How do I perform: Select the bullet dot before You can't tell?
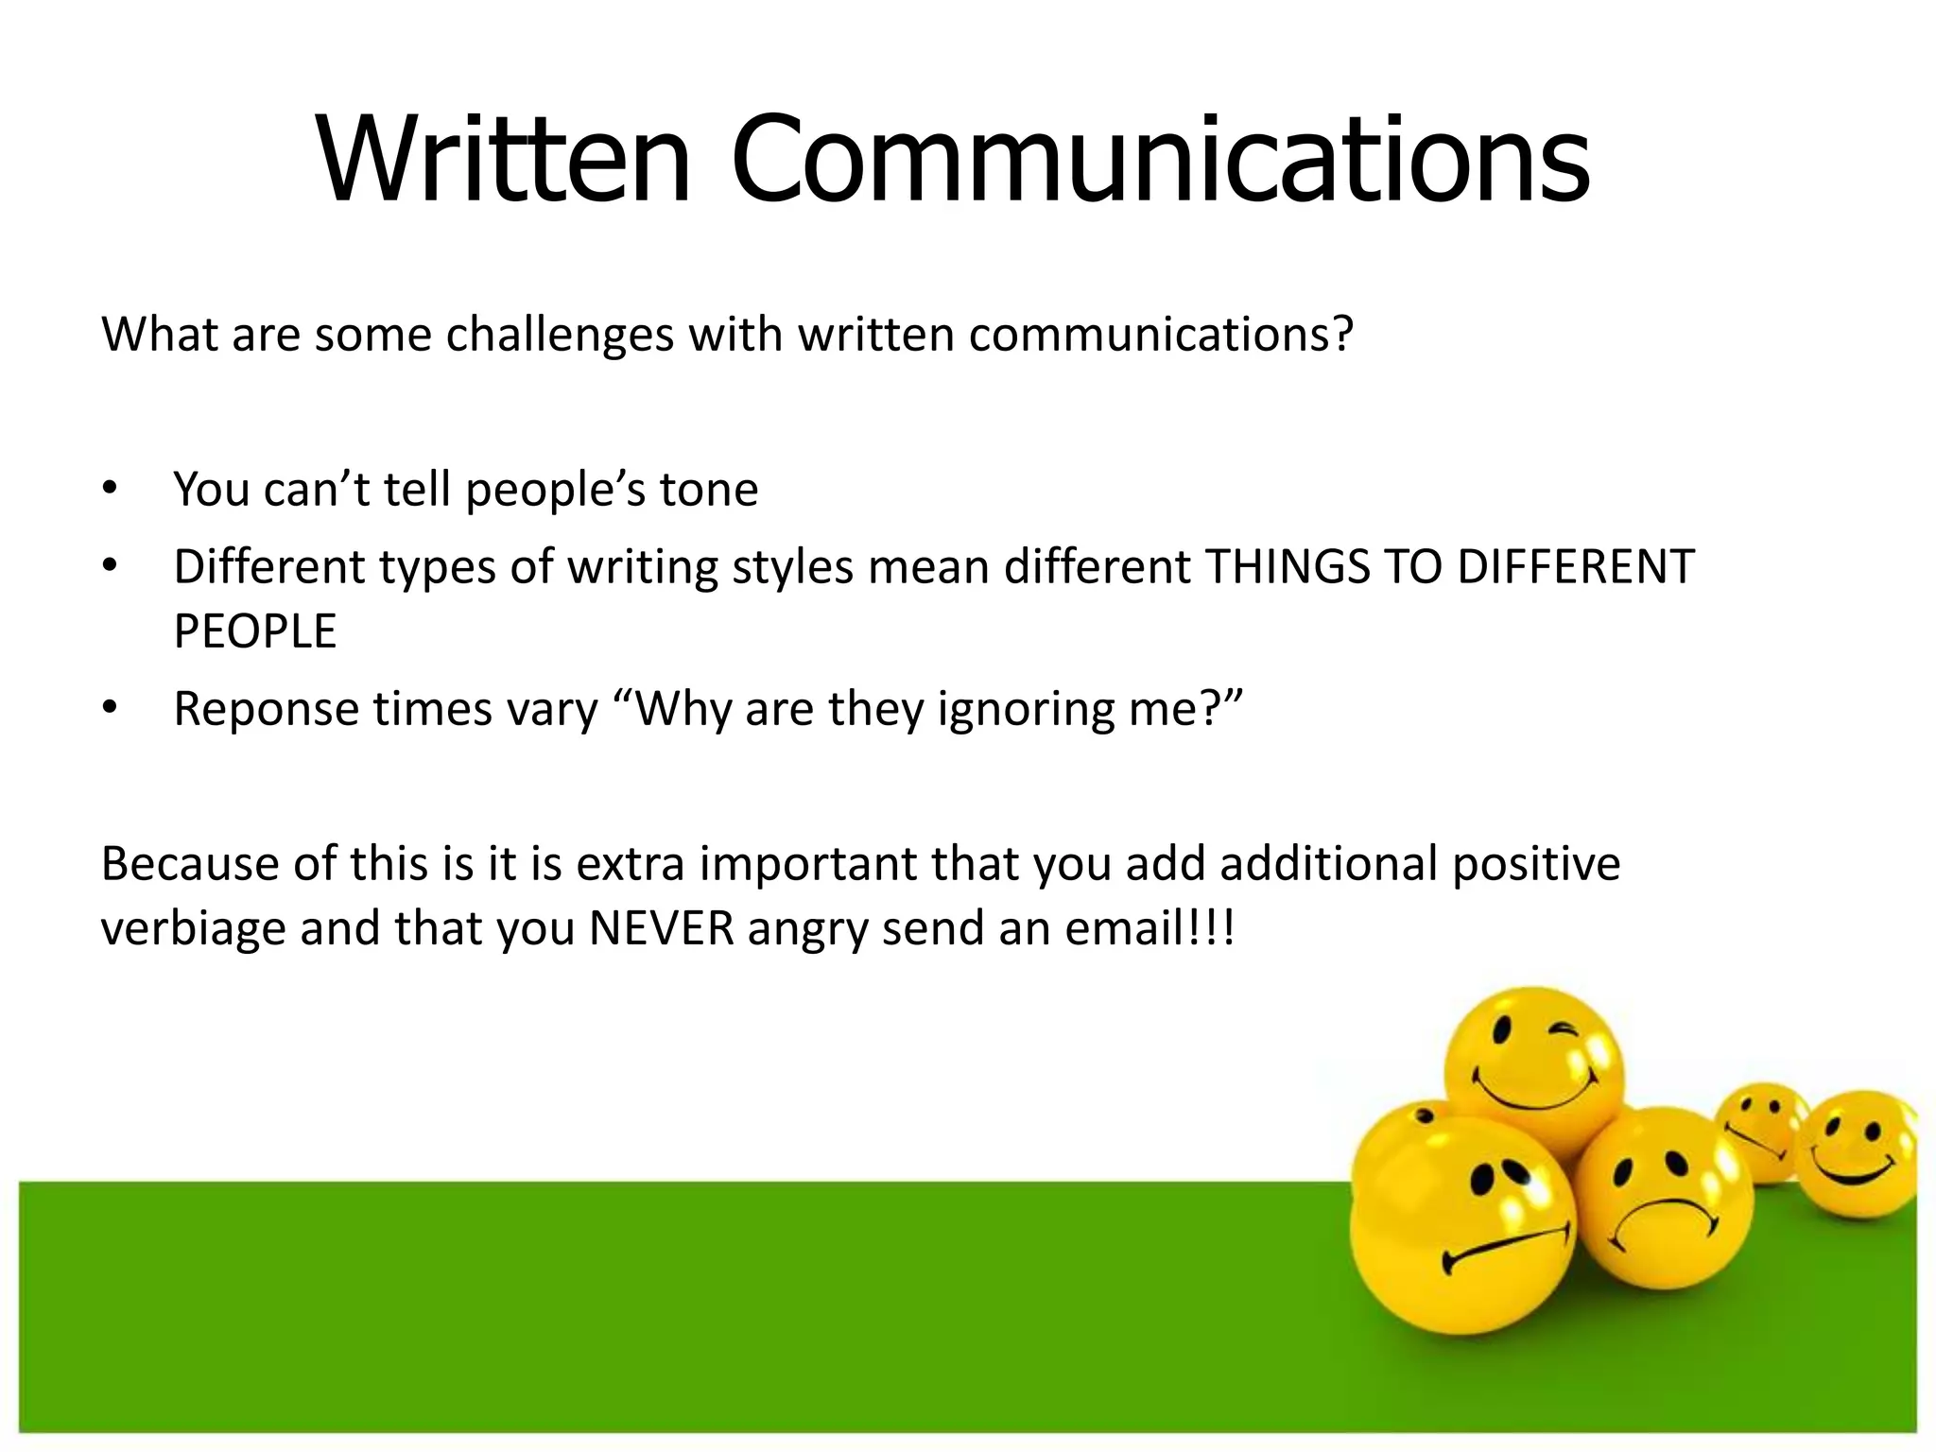(x=110, y=489)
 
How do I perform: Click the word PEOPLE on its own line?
(x=255, y=631)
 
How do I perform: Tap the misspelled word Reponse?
(x=266, y=709)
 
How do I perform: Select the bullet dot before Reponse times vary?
(x=110, y=708)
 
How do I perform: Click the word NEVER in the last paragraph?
(x=662, y=928)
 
